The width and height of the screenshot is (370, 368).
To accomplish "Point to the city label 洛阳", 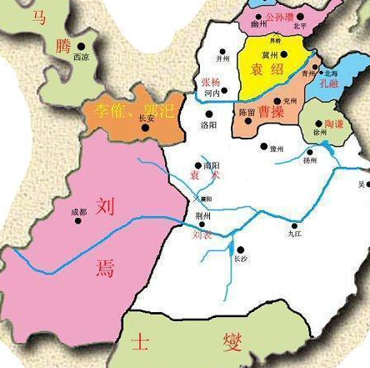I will pyautogui.click(x=208, y=124).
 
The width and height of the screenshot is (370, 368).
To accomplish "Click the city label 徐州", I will pyautogui.click(x=320, y=133).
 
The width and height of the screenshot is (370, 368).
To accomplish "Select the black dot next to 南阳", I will pyautogui.click(x=197, y=164).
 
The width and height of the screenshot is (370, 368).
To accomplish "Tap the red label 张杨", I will pyautogui.click(x=212, y=83).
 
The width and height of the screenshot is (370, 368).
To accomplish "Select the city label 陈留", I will pyautogui.click(x=247, y=112).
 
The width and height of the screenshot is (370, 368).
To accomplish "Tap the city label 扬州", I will pyautogui.click(x=310, y=159).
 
